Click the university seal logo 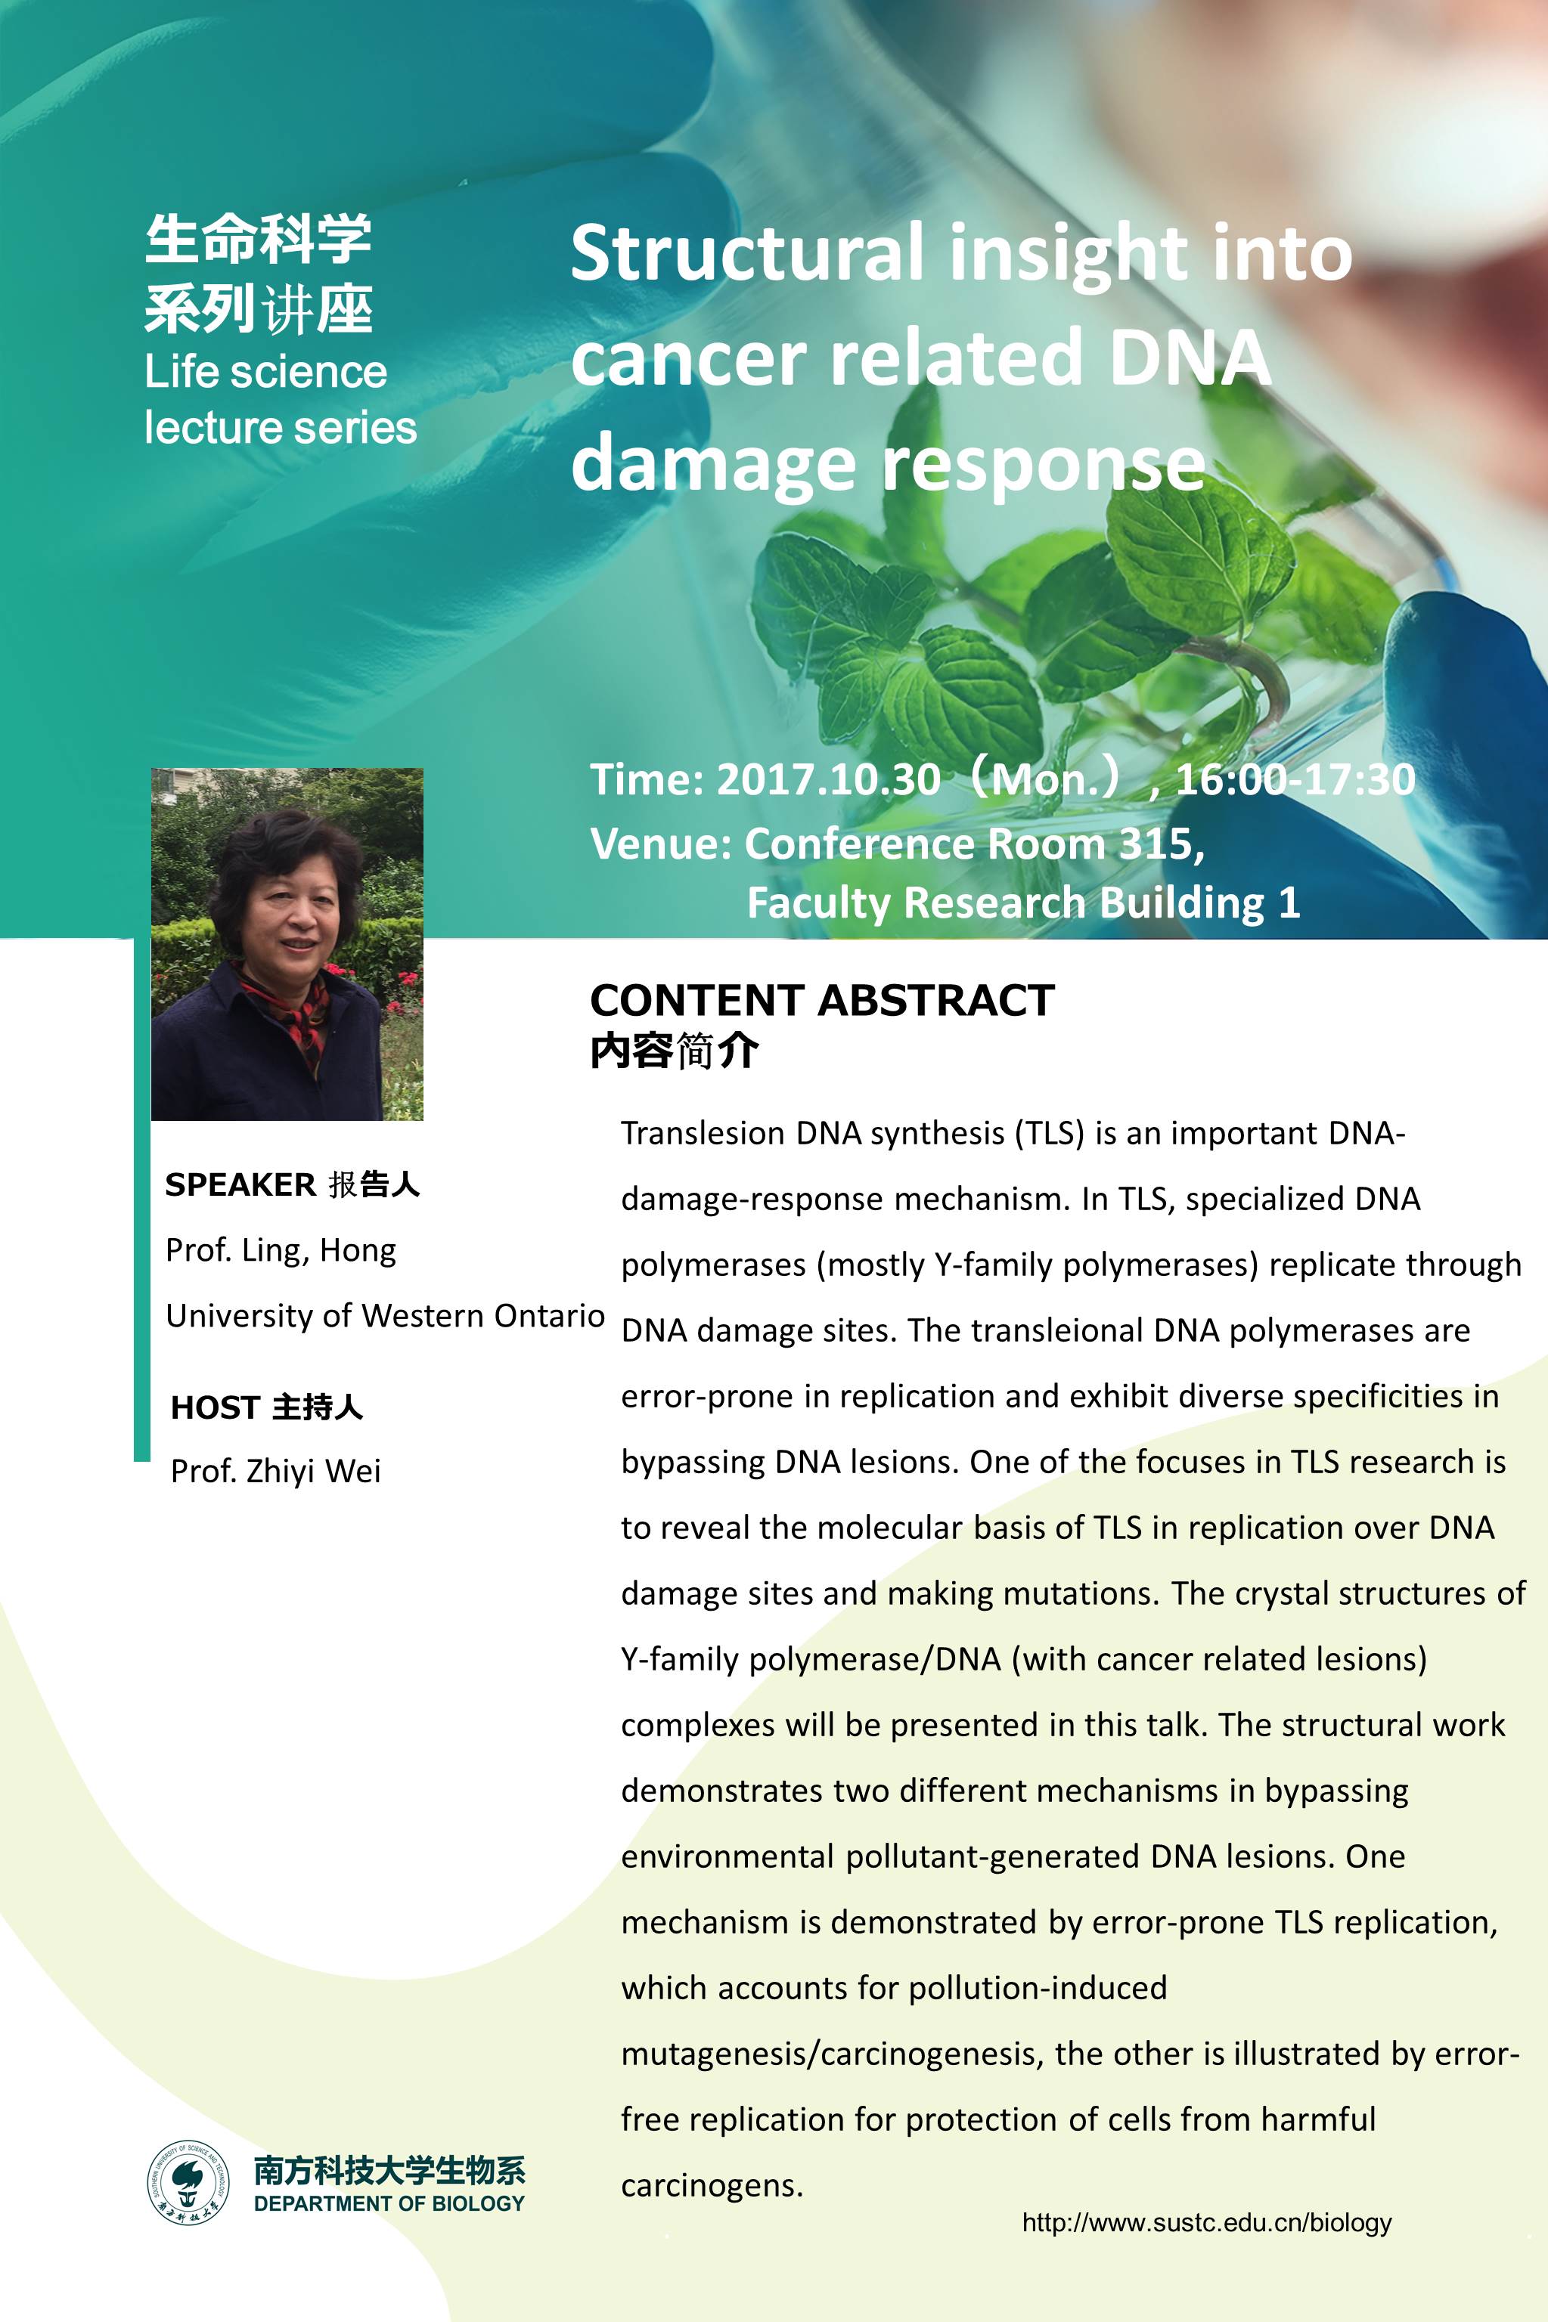188,2182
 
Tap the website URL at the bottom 1206,2222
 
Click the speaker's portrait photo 287,944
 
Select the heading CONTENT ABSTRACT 821,1000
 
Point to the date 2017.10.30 827,779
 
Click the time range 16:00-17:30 1295,779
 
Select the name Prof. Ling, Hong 281,1250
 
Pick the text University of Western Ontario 385,1315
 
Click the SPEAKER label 240,1184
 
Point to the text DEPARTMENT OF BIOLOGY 389,2203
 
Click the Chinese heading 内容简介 675,1051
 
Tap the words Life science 265,372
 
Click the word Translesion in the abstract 703,1133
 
